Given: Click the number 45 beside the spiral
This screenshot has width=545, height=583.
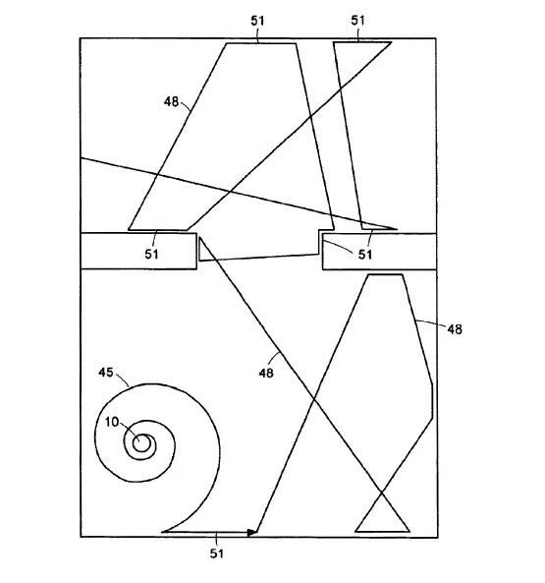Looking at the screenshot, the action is click(106, 373).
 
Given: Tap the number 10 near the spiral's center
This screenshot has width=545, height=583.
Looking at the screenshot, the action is click(111, 422).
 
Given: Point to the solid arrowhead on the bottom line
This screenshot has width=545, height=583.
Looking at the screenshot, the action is click(252, 532).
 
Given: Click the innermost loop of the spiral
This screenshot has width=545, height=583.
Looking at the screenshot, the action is click(141, 443).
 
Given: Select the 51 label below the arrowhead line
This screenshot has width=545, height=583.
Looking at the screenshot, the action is click(217, 554).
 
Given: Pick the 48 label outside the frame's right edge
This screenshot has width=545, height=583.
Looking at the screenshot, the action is click(455, 329).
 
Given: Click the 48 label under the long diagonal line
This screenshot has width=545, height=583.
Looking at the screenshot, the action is click(266, 373).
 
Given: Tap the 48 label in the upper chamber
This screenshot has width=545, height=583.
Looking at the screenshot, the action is click(171, 101).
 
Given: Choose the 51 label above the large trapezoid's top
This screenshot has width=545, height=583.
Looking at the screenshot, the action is click(257, 21).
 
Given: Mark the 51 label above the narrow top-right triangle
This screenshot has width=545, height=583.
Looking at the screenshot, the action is click(357, 20).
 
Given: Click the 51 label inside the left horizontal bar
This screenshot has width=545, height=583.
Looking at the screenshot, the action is click(151, 255).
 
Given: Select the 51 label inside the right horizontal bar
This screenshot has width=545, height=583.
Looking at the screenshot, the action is click(365, 255).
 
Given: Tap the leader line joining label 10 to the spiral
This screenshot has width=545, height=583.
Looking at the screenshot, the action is click(130, 431).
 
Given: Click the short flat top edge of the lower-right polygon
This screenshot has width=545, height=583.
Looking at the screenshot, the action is click(385, 274).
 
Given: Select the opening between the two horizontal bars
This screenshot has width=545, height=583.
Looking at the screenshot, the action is click(259, 251).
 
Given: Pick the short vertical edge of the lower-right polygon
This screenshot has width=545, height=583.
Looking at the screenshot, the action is click(432, 401).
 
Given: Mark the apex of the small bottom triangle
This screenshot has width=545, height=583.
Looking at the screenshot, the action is click(382, 493).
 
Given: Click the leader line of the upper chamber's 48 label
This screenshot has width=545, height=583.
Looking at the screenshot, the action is click(187, 106).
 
